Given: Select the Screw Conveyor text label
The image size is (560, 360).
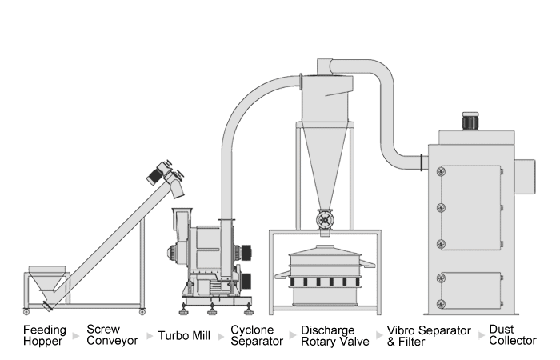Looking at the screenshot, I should (x=112, y=334).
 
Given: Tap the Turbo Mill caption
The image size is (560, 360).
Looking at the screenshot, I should (x=184, y=335).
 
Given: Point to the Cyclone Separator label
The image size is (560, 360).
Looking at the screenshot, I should (x=256, y=334).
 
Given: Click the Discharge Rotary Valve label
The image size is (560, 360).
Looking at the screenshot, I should (x=334, y=334).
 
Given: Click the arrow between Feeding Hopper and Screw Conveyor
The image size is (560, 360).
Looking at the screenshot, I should (x=77, y=335).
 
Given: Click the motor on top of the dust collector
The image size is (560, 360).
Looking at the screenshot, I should (x=470, y=122).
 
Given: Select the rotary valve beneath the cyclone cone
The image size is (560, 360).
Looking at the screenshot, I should (x=325, y=220).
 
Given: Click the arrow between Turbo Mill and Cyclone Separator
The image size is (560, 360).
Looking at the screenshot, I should (x=221, y=335).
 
